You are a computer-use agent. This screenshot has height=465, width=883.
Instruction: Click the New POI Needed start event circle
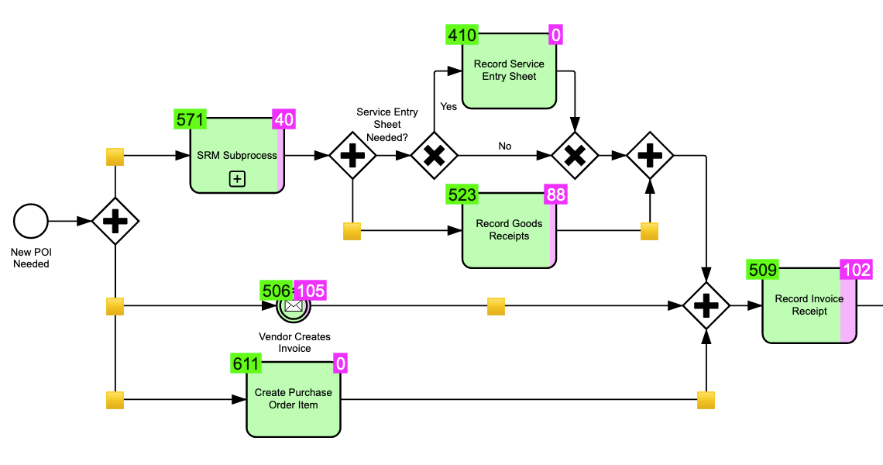pos(31,222)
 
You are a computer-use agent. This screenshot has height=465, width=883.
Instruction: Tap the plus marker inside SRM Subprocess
pos(237,179)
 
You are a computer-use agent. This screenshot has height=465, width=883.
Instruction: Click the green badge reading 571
pos(191,119)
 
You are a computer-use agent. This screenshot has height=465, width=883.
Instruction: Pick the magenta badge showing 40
pos(283,119)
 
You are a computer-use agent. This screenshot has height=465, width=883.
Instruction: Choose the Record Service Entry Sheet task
pos(509,71)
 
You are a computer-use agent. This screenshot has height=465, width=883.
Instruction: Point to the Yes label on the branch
pos(448,107)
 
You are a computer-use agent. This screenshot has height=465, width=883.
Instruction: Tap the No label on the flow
pos(505,146)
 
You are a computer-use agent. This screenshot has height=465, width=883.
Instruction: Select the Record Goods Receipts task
pos(509,230)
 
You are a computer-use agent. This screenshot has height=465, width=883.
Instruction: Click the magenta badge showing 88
pos(556,194)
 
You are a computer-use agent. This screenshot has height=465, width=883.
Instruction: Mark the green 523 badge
pos(462,194)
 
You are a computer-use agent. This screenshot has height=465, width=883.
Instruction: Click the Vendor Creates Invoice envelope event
pos(293,306)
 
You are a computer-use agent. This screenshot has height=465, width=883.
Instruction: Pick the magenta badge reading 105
pos(311,290)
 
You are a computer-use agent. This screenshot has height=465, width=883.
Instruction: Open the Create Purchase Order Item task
pos(293,398)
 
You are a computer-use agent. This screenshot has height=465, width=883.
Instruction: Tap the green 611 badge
pos(246,363)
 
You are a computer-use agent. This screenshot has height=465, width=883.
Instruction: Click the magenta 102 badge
pos(857,270)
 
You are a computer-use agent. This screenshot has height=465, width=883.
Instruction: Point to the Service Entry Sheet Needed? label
pos(387,124)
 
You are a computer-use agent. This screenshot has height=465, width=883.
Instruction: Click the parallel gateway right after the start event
pos(115,222)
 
